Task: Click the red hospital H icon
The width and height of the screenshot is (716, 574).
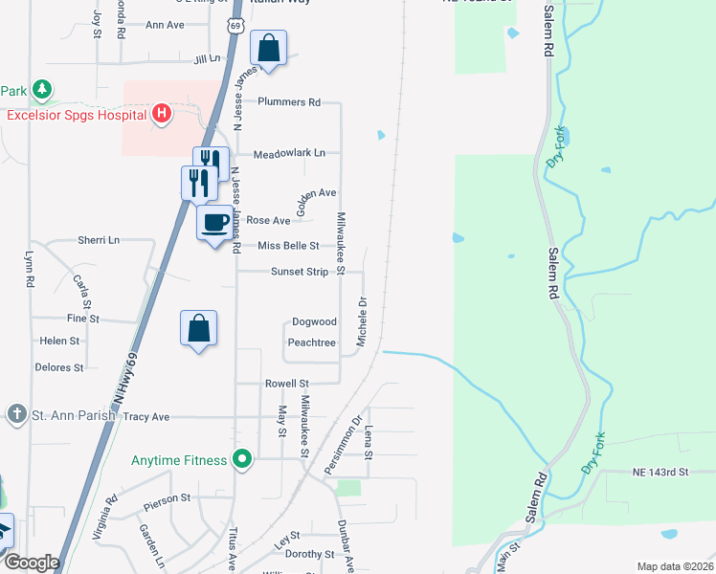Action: (x=162, y=115)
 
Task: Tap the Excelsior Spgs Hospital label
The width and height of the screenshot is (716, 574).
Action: (x=76, y=116)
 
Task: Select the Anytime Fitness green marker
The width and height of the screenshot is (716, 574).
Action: (x=243, y=460)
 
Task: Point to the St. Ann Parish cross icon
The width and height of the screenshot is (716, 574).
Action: (x=16, y=414)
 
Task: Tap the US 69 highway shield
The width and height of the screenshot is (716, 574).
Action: (x=235, y=24)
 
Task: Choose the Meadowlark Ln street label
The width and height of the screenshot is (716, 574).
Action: (x=289, y=153)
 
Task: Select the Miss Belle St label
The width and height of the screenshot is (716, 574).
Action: (x=288, y=246)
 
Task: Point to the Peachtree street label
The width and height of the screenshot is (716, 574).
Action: (x=312, y=342)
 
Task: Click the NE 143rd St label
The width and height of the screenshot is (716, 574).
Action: (x=660, y=473)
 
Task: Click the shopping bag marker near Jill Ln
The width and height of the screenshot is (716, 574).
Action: (x=269, y=48)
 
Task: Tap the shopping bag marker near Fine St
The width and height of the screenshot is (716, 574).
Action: (x=198, y=328)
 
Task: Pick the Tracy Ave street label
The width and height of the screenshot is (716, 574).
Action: (x=146, y=417)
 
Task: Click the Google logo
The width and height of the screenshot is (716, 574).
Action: (x=31, y=563)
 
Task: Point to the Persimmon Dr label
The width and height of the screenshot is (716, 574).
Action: (x=342, y=443)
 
